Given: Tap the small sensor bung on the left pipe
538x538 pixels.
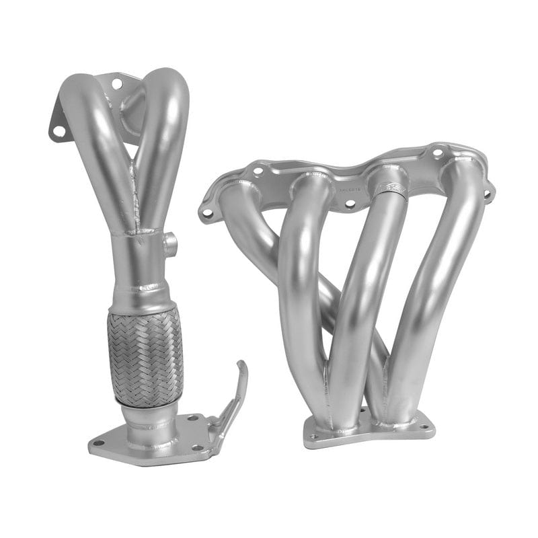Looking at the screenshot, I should click(x=171, y=243).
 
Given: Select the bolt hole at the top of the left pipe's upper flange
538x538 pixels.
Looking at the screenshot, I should click(x=117, y=84).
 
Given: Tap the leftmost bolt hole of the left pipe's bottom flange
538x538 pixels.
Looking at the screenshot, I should click(x=99, y=443).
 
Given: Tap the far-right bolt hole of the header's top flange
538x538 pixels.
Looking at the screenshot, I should click(x=487, y=194).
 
